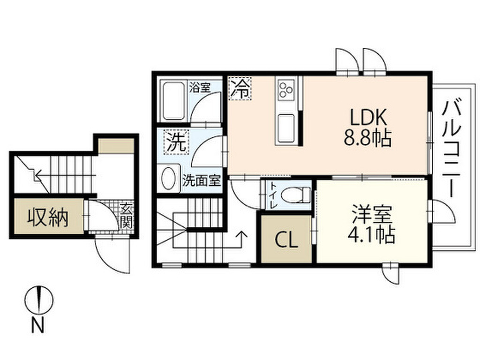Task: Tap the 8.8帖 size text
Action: (x=367, y=138)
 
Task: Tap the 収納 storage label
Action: (x=47, y=217)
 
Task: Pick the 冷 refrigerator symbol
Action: (x=240, y=89)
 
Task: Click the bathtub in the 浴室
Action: (x=173, y=100)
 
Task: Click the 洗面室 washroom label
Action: (x=201, y=180)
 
